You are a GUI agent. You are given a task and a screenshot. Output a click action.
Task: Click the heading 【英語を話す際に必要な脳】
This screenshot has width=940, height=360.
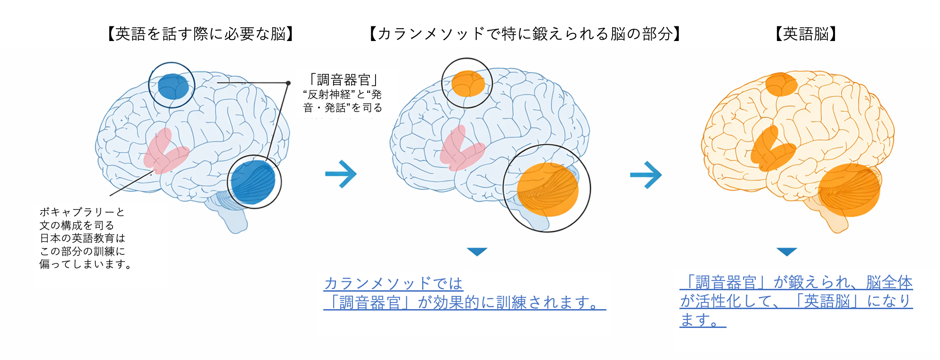pos(200,34)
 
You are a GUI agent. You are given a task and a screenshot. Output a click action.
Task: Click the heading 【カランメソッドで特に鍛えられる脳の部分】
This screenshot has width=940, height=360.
pos(524,34)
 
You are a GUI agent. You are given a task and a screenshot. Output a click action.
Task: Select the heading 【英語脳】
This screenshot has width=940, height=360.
pos(806,34)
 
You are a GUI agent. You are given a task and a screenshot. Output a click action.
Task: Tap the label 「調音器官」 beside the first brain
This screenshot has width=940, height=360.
pos(343,80)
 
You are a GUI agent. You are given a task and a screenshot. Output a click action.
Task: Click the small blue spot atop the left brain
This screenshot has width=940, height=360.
pos(172,86)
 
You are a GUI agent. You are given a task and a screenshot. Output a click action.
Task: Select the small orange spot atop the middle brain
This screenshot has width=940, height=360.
pos(467,84)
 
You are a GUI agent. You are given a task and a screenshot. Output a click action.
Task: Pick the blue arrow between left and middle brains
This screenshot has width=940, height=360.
pos(341,174)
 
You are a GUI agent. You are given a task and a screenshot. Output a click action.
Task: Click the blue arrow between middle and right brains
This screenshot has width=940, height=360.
pos(646,175)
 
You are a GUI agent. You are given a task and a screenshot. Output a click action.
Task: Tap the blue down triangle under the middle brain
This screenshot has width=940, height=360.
pos(477,252)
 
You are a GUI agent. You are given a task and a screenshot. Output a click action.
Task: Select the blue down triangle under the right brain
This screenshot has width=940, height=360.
pos(786,252)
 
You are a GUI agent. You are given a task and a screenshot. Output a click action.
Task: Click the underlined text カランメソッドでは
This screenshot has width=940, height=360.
pos(393,283)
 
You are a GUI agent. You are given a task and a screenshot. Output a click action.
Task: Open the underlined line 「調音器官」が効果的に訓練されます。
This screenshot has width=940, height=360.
pos(464,303)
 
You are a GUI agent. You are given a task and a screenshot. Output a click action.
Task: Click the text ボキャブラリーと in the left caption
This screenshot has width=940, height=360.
pos(82,212)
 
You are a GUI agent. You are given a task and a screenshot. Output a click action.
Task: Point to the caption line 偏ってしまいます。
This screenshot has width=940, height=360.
pos(85,264)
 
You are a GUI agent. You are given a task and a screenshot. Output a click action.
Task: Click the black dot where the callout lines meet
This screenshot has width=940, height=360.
pos(288,83)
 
